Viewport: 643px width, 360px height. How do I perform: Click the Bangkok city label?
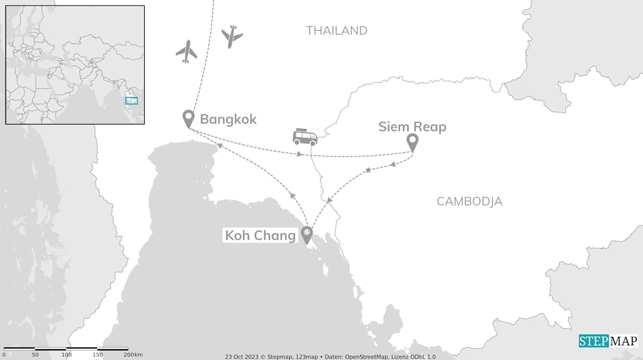228,119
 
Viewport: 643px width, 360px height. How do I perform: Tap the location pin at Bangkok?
188,118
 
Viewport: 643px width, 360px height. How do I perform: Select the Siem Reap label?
412,127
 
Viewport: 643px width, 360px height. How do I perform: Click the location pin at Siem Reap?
412,142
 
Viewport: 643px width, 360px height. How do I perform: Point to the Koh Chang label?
260,235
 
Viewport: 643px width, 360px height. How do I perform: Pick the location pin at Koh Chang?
306,234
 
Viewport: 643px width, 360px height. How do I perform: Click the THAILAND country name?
337,31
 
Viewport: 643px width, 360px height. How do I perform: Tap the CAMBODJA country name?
469,201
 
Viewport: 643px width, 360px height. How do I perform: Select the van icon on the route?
305,137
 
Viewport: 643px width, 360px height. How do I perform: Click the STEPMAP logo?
608,341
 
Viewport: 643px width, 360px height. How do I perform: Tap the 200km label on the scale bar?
134,355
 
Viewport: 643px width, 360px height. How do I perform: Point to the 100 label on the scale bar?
66,355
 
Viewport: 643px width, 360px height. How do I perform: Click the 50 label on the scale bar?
35,355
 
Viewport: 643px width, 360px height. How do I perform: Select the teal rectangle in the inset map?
132,101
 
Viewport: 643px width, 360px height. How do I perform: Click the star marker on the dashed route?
368,170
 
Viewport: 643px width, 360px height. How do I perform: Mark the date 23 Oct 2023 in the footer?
242,357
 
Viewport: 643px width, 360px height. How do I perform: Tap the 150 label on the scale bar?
97,355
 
